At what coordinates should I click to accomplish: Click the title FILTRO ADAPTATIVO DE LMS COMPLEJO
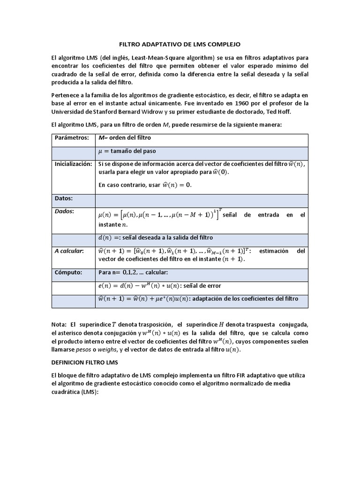pyautogui.click(x=180, y=44)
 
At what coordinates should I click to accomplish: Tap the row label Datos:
pyautogui.click(x=64, y=199)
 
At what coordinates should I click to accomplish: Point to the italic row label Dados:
pyautogui.click(x=65, y=211)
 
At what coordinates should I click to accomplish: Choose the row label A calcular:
pyautogui.click(x=69, y=251)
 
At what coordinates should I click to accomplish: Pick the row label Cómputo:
pyautogui.click(x=68, y=272)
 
